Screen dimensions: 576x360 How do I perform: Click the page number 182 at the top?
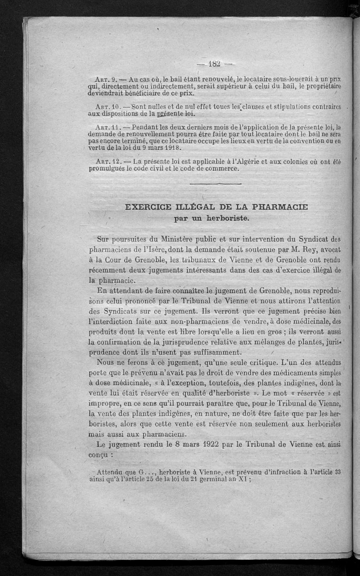click(214, 63)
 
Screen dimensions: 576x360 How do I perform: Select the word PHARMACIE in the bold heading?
click(277, 207)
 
